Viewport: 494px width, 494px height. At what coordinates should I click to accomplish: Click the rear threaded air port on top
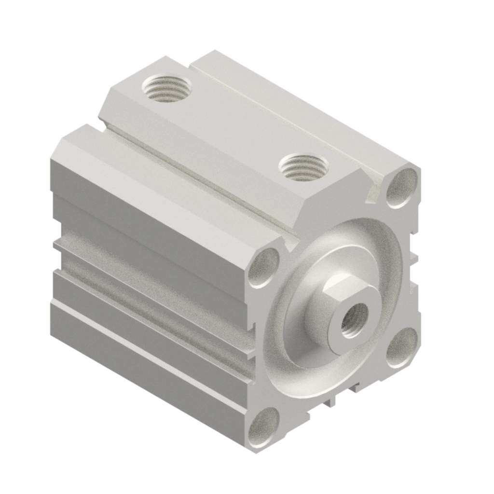click(166, 88)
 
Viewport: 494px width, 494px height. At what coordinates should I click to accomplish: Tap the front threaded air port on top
click(303, 167)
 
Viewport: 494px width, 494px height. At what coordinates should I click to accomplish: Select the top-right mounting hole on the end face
click(402, 186)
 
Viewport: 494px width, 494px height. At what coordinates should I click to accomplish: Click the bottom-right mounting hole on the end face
click(402, 347)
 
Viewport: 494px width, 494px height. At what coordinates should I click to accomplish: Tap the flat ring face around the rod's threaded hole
click(343, 333)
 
